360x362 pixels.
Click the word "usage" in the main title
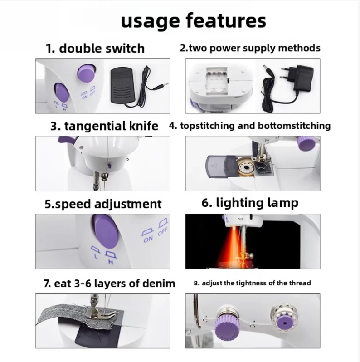[x=150, y=21]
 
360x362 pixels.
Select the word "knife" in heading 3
[x=144, y=126]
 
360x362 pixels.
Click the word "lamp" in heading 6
[x=282, y=203]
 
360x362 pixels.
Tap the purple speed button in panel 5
[x=106, y=231]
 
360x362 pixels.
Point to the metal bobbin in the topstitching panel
[x=246, y=166]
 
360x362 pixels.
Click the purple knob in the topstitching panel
[x=306, y=143]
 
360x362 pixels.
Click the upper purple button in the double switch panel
[x=87, y=73]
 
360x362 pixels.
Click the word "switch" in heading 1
[x=125, y=48]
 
